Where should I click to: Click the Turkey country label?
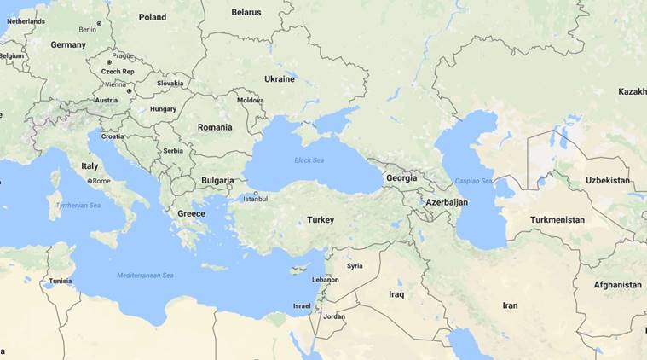coord(321,220)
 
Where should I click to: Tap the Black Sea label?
coord(309,160)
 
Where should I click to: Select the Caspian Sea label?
coord(473,181)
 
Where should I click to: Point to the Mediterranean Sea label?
coord(145,276)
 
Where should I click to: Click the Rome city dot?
coord(90,181)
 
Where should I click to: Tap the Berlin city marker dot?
coord(99,24)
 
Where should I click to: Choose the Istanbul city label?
coord(255,199)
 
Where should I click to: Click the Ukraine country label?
coord(280,79)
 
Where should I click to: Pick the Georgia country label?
coord(401,178)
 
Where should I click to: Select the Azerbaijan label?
coord(447,202)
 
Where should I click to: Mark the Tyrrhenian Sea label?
coord(78,206)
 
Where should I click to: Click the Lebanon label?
coord(326,280)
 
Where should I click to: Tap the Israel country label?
coord(302,305)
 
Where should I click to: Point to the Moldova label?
coord(251,100)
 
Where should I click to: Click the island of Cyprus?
coord(298,270)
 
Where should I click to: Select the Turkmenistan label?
coord(557,220)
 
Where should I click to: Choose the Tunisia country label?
coord(60,281)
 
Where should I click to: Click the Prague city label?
coord(123,56)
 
